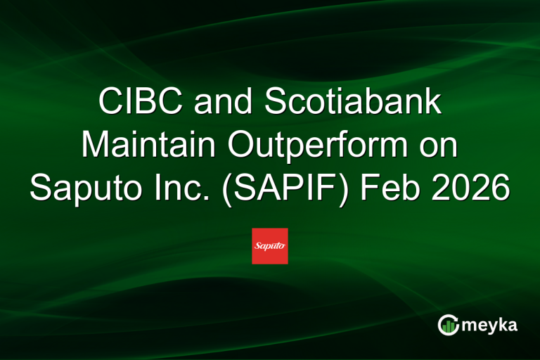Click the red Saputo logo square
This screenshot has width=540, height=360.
point(270,246)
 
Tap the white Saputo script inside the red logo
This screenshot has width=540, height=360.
point(270,246)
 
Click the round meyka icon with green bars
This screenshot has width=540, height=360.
point(447,325)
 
